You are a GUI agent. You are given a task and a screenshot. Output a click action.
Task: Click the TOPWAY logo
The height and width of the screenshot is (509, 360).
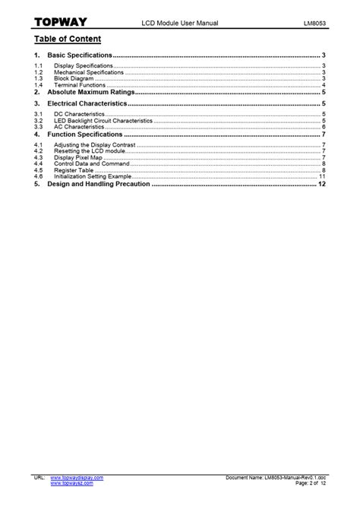pos(59,24)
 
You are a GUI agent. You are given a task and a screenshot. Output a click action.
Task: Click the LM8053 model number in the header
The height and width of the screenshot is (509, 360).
pos(312,24)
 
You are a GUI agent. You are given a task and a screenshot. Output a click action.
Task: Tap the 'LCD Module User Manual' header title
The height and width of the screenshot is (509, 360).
pos(180,24)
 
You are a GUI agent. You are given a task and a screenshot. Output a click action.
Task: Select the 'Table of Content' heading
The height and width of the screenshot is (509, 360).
pos(68,39)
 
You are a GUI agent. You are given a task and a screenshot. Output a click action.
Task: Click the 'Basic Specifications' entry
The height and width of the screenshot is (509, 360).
pos(80,56)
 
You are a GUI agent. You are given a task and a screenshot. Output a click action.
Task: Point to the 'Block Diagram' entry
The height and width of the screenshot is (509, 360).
pos(74,78)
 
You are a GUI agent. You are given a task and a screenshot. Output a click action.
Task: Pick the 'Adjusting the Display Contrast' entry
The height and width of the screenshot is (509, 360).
pos(96,144)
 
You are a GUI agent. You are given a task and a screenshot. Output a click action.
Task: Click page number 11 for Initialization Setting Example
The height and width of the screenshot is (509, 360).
pos(322,177)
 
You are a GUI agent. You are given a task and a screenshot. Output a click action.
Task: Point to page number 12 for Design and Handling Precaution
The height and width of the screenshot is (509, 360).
pos(322,184)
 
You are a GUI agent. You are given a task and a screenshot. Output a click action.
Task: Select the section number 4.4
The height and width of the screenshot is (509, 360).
pos(39,163)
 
